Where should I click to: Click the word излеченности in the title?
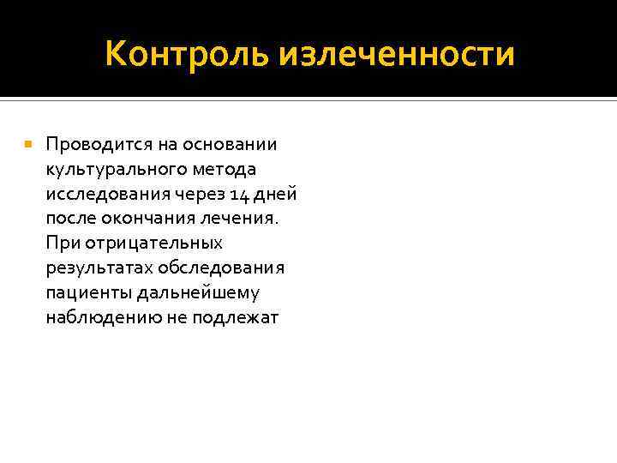(x=397, y=54)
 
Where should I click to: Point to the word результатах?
(x=95, y=268)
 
